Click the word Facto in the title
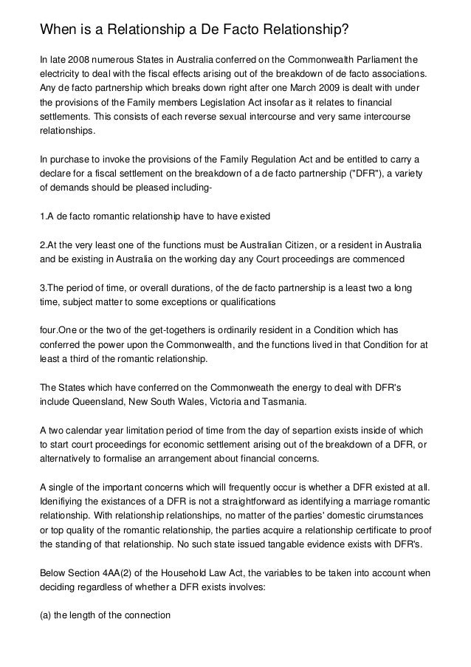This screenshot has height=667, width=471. (230, 30)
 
